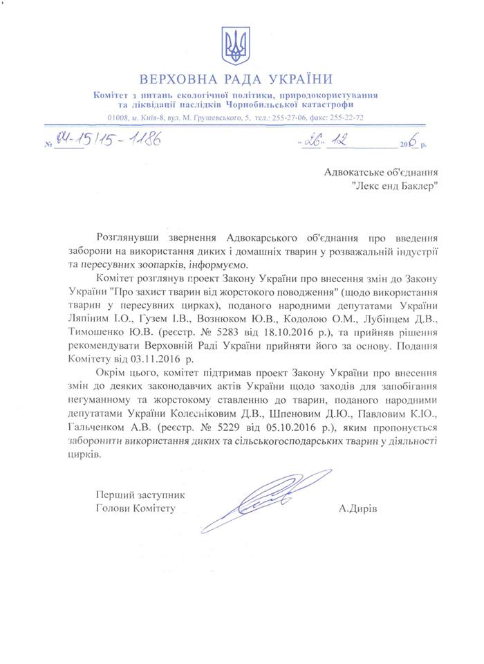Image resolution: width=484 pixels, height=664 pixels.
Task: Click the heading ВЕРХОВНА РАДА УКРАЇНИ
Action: point(236,78)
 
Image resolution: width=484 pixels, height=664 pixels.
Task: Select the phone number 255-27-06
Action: point(290,118)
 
